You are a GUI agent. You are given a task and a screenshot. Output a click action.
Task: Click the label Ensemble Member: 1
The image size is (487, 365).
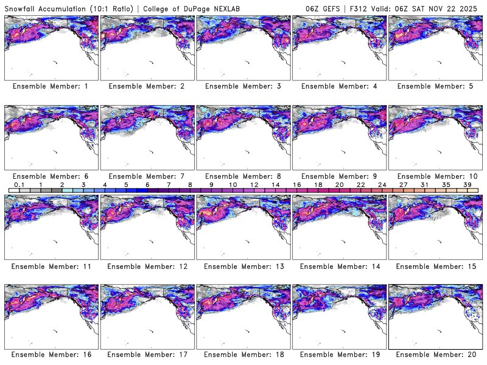pyautogui.click(x=51, y=86)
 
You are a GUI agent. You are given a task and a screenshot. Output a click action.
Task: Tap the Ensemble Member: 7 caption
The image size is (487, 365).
pyautogui.click(x=147, y=176)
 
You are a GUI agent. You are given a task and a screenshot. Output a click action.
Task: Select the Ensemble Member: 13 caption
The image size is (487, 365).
pyautogui.click(x=243, y=266)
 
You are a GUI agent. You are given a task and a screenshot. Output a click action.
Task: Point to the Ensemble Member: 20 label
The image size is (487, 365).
pyautogui.click(x=435, y=354)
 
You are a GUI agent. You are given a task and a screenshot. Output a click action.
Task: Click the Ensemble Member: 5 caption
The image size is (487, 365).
pyautogui.click(x=435, y=86)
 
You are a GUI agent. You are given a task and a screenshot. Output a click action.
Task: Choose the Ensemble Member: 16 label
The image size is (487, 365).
pyautogui.click(x=51, y=354)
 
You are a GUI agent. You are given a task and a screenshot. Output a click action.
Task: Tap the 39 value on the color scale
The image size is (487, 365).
pyautogui.click(x=468, y=184)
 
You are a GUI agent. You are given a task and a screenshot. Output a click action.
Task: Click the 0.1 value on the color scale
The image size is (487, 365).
pyautogui.click(x=19, y=184)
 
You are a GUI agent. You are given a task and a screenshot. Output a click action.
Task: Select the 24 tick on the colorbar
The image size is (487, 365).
pyautogui.click(x=382, y=184)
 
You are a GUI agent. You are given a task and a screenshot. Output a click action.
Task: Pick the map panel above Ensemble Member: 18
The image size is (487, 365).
pyautogui.click(x=243, y=316)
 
